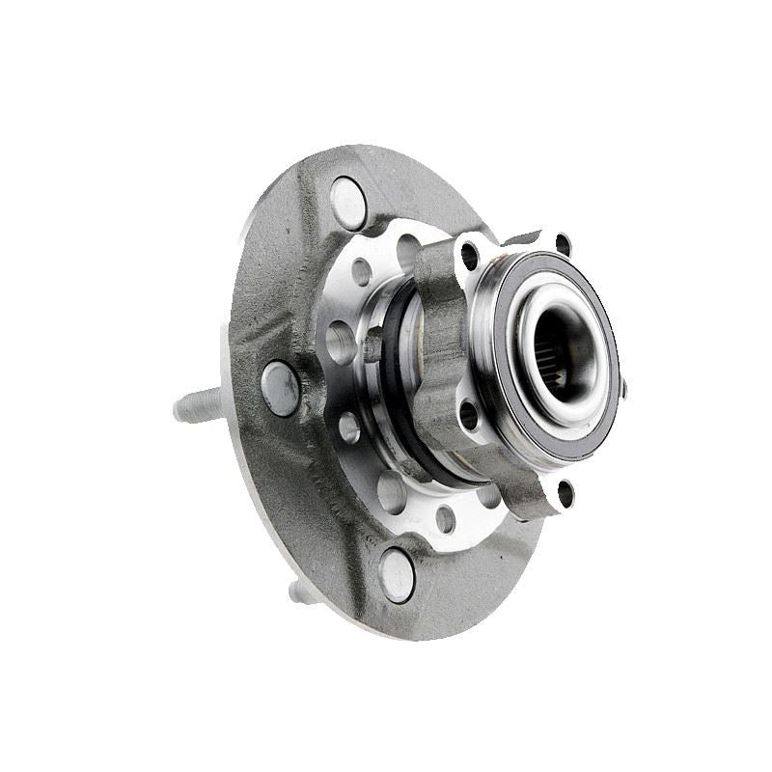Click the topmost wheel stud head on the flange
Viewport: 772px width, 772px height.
(348, 204)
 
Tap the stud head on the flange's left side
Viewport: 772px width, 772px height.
(280, 388)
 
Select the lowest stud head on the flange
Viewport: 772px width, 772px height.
(397, 575)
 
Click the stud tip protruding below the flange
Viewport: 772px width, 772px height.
(302, 592)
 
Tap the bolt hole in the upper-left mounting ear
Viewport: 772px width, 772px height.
(470, 256)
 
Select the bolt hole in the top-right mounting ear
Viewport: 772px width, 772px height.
(563, 245)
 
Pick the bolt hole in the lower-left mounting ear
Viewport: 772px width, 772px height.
(469, 414)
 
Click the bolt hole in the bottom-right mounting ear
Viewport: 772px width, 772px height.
(565, 493)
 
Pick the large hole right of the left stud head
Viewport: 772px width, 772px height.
(340, 343)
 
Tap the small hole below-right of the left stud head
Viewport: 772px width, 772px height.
(348, 427)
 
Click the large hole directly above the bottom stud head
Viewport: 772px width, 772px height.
(392, 491)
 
